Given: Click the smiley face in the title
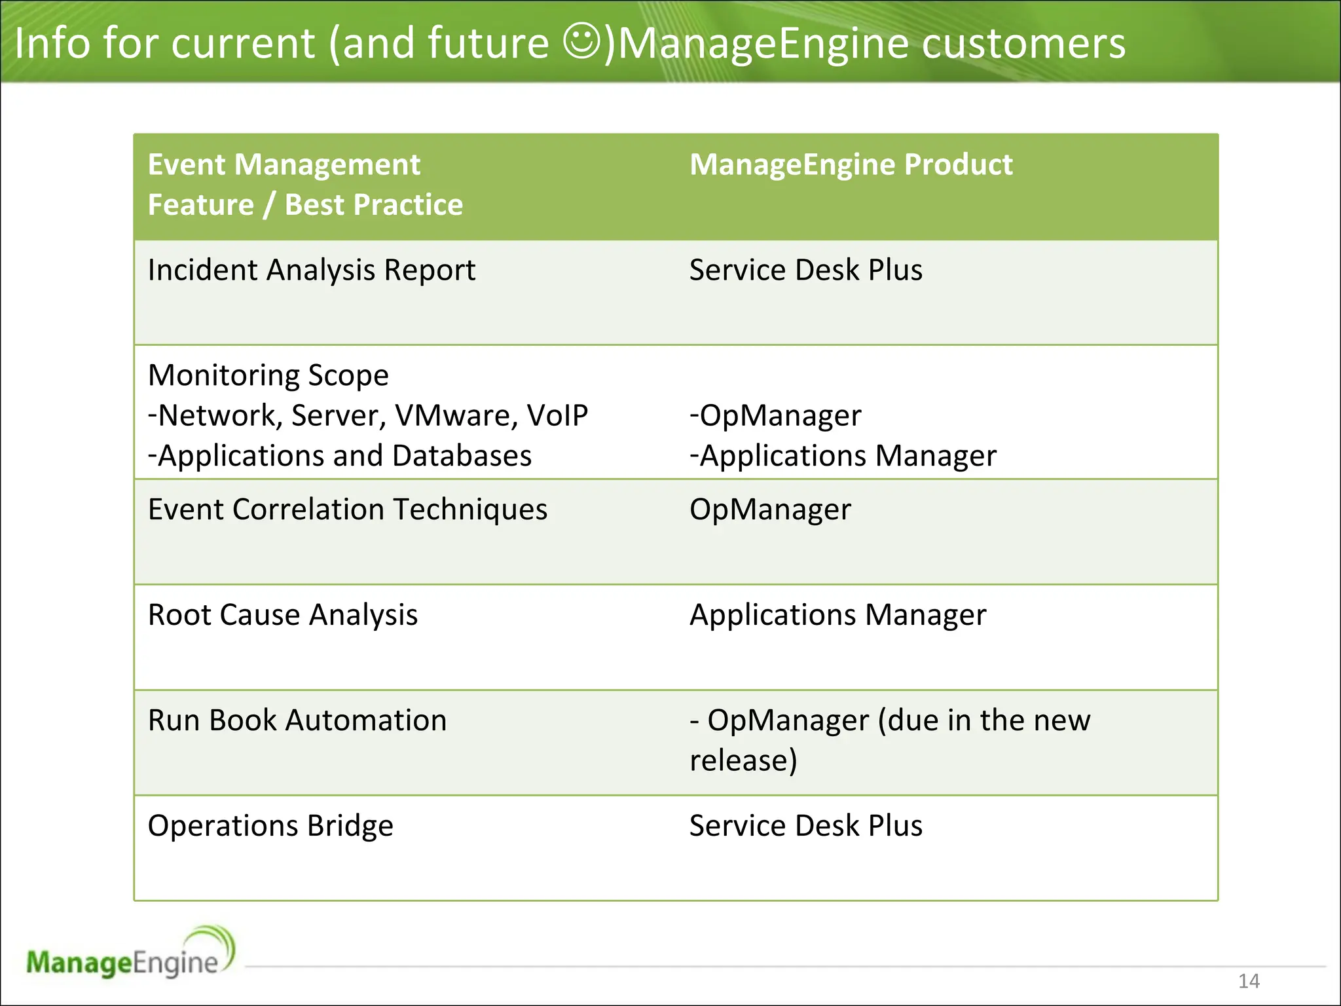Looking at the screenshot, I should (581, 42).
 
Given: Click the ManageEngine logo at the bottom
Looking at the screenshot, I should (130, 955).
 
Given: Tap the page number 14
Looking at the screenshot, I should (1249, 980).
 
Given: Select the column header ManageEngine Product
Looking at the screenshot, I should (851, 164).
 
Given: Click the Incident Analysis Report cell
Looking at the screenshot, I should (312, 270).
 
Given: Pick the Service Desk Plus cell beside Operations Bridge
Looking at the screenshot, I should (805, 826).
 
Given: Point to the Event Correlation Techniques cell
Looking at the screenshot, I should (347, 510).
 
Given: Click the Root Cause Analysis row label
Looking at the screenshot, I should (283, 615).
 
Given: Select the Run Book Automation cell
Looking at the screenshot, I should (297, 720).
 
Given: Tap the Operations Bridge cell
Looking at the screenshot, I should (270, 826).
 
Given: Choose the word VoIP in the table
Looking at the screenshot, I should (557, 416).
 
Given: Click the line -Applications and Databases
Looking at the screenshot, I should (340, 456).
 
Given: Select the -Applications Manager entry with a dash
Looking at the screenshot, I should (843, 456).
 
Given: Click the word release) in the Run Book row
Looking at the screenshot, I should (743, 760).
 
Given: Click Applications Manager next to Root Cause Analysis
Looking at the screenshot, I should (837, 615).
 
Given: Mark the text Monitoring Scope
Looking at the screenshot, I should (268, 376).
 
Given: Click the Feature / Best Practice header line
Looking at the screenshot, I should (305, 205).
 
